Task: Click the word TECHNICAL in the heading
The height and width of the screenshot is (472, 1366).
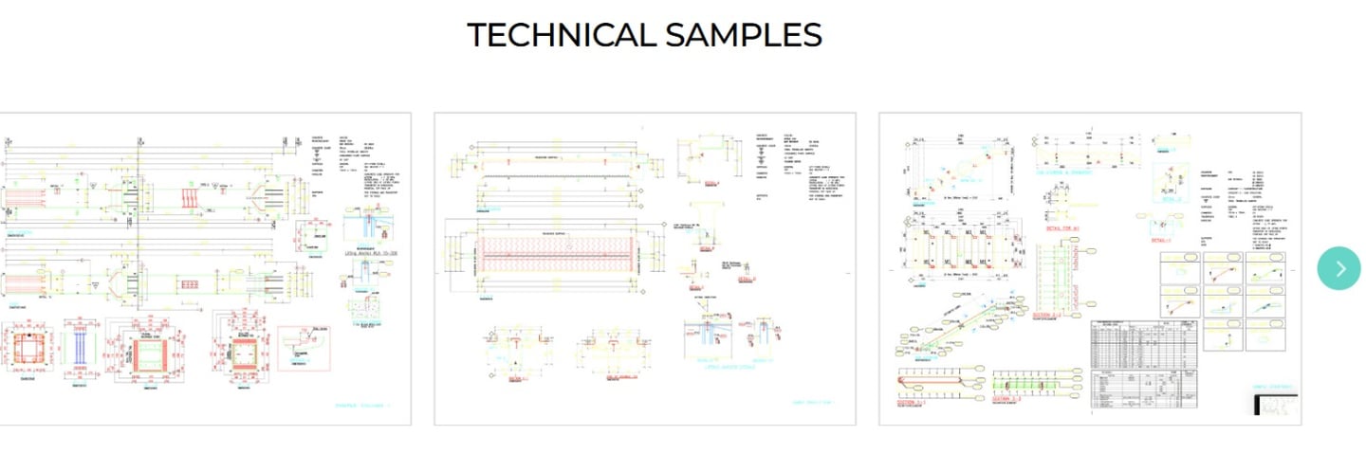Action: coord(560,35)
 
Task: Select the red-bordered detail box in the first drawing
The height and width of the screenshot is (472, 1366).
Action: coord(305,348)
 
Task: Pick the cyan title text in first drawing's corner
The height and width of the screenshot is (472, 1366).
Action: coord(362,406)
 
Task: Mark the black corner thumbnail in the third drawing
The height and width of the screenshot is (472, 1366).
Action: coord(1277,405)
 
